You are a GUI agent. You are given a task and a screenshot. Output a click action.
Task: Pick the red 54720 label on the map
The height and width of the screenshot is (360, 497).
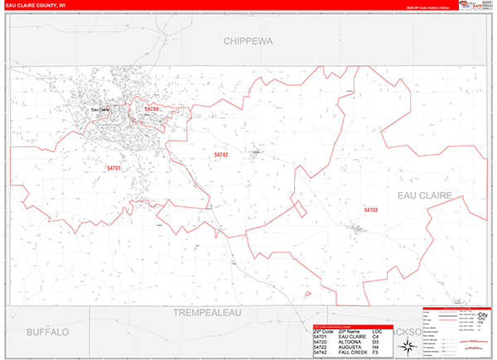[x=152, y=108]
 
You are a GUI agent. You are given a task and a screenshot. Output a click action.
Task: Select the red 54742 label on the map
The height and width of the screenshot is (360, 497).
[x=220, y=154]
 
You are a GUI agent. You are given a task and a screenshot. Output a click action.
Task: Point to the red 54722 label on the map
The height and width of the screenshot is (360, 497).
[x=370, y=210]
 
